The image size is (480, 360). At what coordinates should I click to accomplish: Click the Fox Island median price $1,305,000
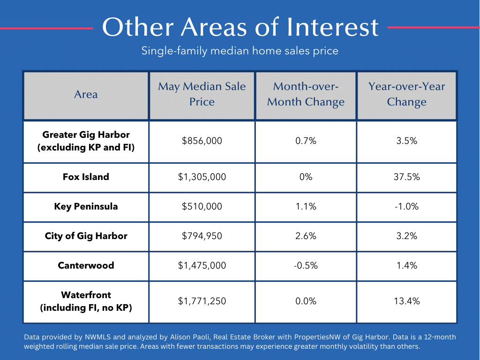coord(202,177)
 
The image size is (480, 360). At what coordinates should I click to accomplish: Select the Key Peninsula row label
coord(86,206)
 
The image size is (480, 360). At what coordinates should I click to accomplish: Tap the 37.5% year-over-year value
coord(407,177)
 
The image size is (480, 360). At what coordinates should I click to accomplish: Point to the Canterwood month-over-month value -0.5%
coord(306,265)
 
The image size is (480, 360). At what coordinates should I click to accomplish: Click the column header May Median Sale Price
coord(202,94)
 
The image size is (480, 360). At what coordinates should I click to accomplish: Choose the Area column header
coord(86,94)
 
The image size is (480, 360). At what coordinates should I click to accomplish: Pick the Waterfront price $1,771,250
coord(202,301)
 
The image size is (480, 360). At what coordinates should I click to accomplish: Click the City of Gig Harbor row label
coord(86,236)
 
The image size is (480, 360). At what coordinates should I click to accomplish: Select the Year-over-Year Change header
coord(407,94)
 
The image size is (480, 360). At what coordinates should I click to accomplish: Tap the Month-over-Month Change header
coord(306,94)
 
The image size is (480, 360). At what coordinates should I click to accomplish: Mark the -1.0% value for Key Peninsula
coord(407,206)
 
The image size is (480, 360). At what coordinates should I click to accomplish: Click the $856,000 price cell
coord(202,141)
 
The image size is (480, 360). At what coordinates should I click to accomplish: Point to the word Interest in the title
coord(332,27)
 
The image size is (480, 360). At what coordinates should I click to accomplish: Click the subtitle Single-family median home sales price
coord(240,51)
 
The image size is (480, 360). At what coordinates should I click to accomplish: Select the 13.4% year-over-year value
coord(407,301)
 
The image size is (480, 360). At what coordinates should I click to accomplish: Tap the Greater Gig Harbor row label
coord(86,141)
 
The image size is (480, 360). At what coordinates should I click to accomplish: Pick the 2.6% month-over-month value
coord(306,236)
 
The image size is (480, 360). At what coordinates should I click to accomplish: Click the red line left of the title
coord(46,29)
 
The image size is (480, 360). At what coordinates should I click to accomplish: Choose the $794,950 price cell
coord(202,236)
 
